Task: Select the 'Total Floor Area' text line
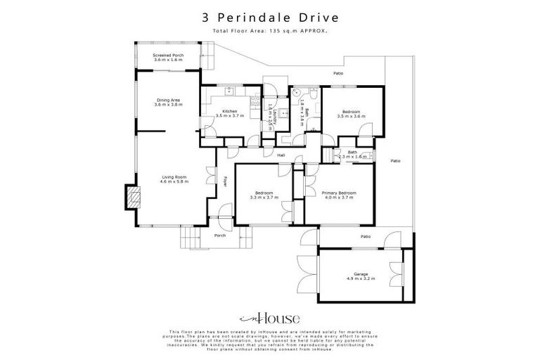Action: pos(269,31)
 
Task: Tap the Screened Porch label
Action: pos(168,57)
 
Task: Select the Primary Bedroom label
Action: pos(339,195)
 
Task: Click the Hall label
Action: pos(281,155)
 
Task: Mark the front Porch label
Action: pos(219,236)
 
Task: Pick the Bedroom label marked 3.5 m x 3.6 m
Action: pos(352,114)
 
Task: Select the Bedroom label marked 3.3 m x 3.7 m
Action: pos(264,195)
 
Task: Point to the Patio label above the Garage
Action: pos(366,236)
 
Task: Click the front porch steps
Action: pos(189,239)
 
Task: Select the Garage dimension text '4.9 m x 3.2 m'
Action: pos(361,279)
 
